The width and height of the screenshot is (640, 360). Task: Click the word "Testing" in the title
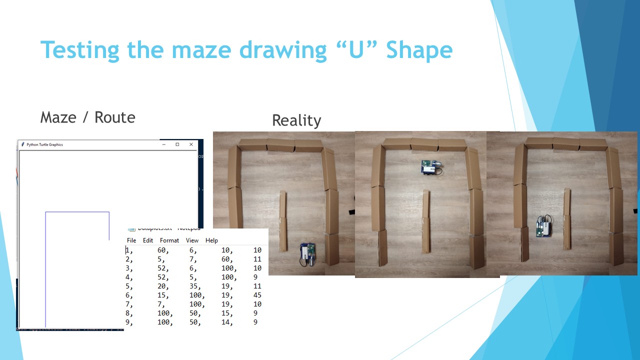(80, 50)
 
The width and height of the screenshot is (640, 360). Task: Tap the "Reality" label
(296, 120)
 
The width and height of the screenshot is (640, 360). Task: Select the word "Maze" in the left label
(58, 117)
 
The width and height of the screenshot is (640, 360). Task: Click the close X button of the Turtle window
(191, 144)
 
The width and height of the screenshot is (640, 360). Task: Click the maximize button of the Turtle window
(177, 144)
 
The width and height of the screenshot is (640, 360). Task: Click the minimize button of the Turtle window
(163, 144)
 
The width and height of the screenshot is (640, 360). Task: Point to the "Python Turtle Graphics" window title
(44, 144)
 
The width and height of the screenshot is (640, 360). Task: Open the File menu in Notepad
(131, 240)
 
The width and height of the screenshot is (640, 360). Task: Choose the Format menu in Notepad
(169, 240)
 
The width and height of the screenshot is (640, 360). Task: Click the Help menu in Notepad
(211, 240)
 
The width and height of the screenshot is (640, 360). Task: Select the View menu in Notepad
(192, 240)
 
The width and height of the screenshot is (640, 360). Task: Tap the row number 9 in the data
(128, 322)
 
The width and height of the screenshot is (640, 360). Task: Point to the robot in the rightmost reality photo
(543, 226)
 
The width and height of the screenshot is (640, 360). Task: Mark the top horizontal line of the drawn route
(77, 212)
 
